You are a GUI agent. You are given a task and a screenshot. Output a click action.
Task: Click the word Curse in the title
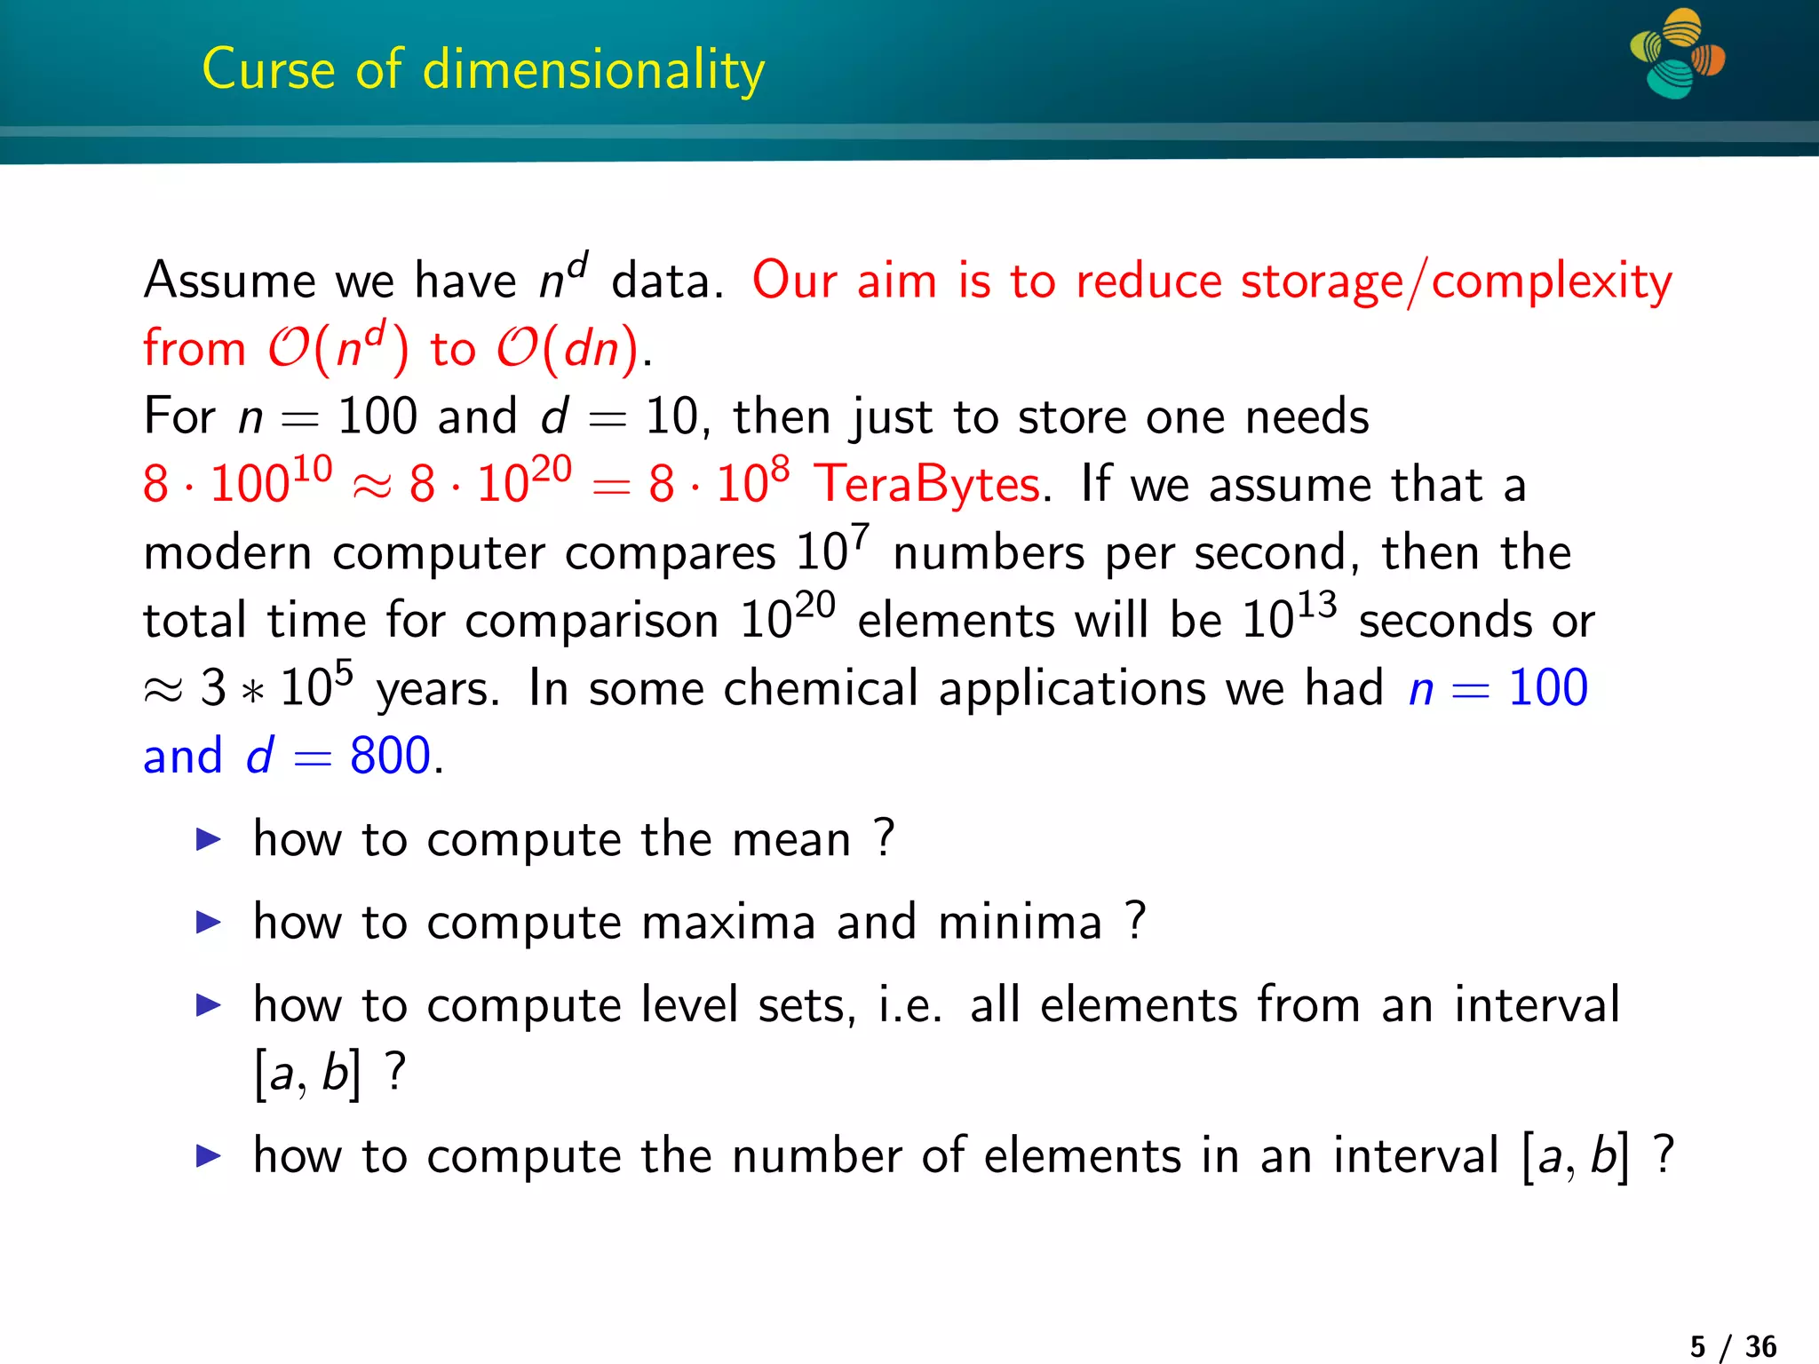(x=269, y=69)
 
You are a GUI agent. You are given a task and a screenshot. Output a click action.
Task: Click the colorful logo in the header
(x=1677, y=53)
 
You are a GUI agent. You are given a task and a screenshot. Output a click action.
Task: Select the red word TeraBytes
(x=927, y=485)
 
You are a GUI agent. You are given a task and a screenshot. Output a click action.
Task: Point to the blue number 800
(x=390, y=756)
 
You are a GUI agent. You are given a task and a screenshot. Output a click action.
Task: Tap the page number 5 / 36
(x=1733, y=1346)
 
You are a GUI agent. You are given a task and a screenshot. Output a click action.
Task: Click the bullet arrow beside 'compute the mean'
(x=208, y=838)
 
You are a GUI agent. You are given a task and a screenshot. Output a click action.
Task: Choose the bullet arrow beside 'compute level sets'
(x=208, y=1004)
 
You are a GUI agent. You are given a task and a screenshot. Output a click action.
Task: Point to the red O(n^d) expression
(x=338, y=348)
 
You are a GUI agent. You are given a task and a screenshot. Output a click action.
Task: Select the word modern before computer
(x=227, y=553)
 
